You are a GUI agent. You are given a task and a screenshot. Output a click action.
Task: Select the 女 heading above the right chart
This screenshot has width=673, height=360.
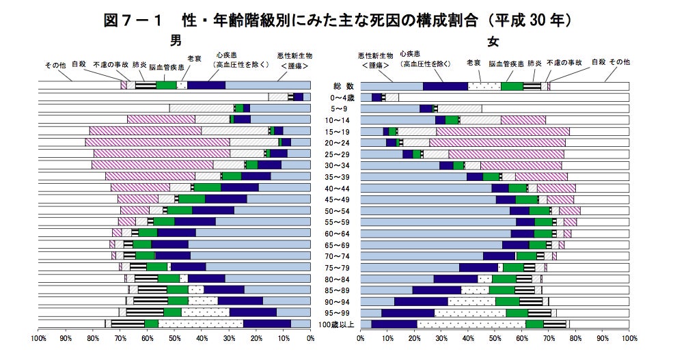point(493,41)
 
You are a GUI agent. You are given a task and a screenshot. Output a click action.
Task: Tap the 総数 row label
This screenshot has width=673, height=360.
point(335,86)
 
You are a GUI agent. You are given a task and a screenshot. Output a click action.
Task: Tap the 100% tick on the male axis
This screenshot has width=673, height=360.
point(39,338)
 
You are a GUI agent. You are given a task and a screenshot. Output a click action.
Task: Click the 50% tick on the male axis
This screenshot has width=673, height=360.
point(175,338)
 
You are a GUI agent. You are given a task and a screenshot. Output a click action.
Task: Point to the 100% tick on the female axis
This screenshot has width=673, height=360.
point(629,338)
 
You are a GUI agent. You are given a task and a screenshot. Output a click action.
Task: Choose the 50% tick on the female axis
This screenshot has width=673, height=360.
point(495,338)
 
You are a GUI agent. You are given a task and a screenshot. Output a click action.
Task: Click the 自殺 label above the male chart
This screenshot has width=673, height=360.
point(80,62)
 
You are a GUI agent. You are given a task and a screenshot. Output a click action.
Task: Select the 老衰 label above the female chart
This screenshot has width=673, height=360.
point(473,62)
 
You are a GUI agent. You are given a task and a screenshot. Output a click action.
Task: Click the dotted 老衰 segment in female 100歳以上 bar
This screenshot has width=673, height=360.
point(471,324)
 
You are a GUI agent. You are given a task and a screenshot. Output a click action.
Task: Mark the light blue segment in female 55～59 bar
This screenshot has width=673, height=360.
point(438,221)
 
